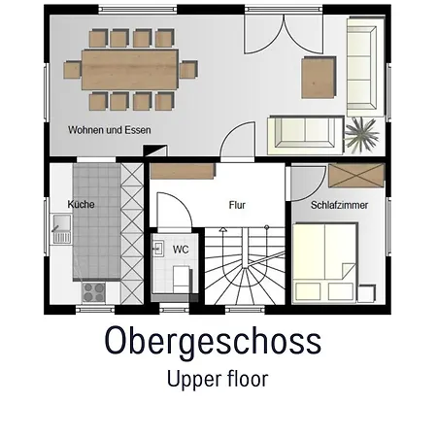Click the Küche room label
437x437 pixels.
pos(81,204)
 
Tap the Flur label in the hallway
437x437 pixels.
pos(237,205)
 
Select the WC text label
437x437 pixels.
pos(181,250)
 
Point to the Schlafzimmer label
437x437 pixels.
pos(339,205)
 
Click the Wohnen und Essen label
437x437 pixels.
pos(110,130)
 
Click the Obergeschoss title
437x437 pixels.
pos(213,342)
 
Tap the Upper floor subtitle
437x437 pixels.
pos(218,379)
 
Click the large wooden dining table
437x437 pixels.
pos(130,70)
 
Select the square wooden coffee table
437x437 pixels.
pos(319,78)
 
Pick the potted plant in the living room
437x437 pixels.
pos(361,135)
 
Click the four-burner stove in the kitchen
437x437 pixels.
pos(93,292)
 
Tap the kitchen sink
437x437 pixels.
pos(61,229)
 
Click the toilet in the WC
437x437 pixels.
pos(182,281)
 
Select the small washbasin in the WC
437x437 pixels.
pos(157,249)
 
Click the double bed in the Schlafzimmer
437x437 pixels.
pos(324,263)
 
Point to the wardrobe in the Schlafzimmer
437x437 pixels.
pos(356,176)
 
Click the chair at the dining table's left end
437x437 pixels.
pos(73,70)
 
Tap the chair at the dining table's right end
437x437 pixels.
pos(188,70)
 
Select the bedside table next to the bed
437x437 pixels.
pos(367,293)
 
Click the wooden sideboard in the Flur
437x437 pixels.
pos(183,171)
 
